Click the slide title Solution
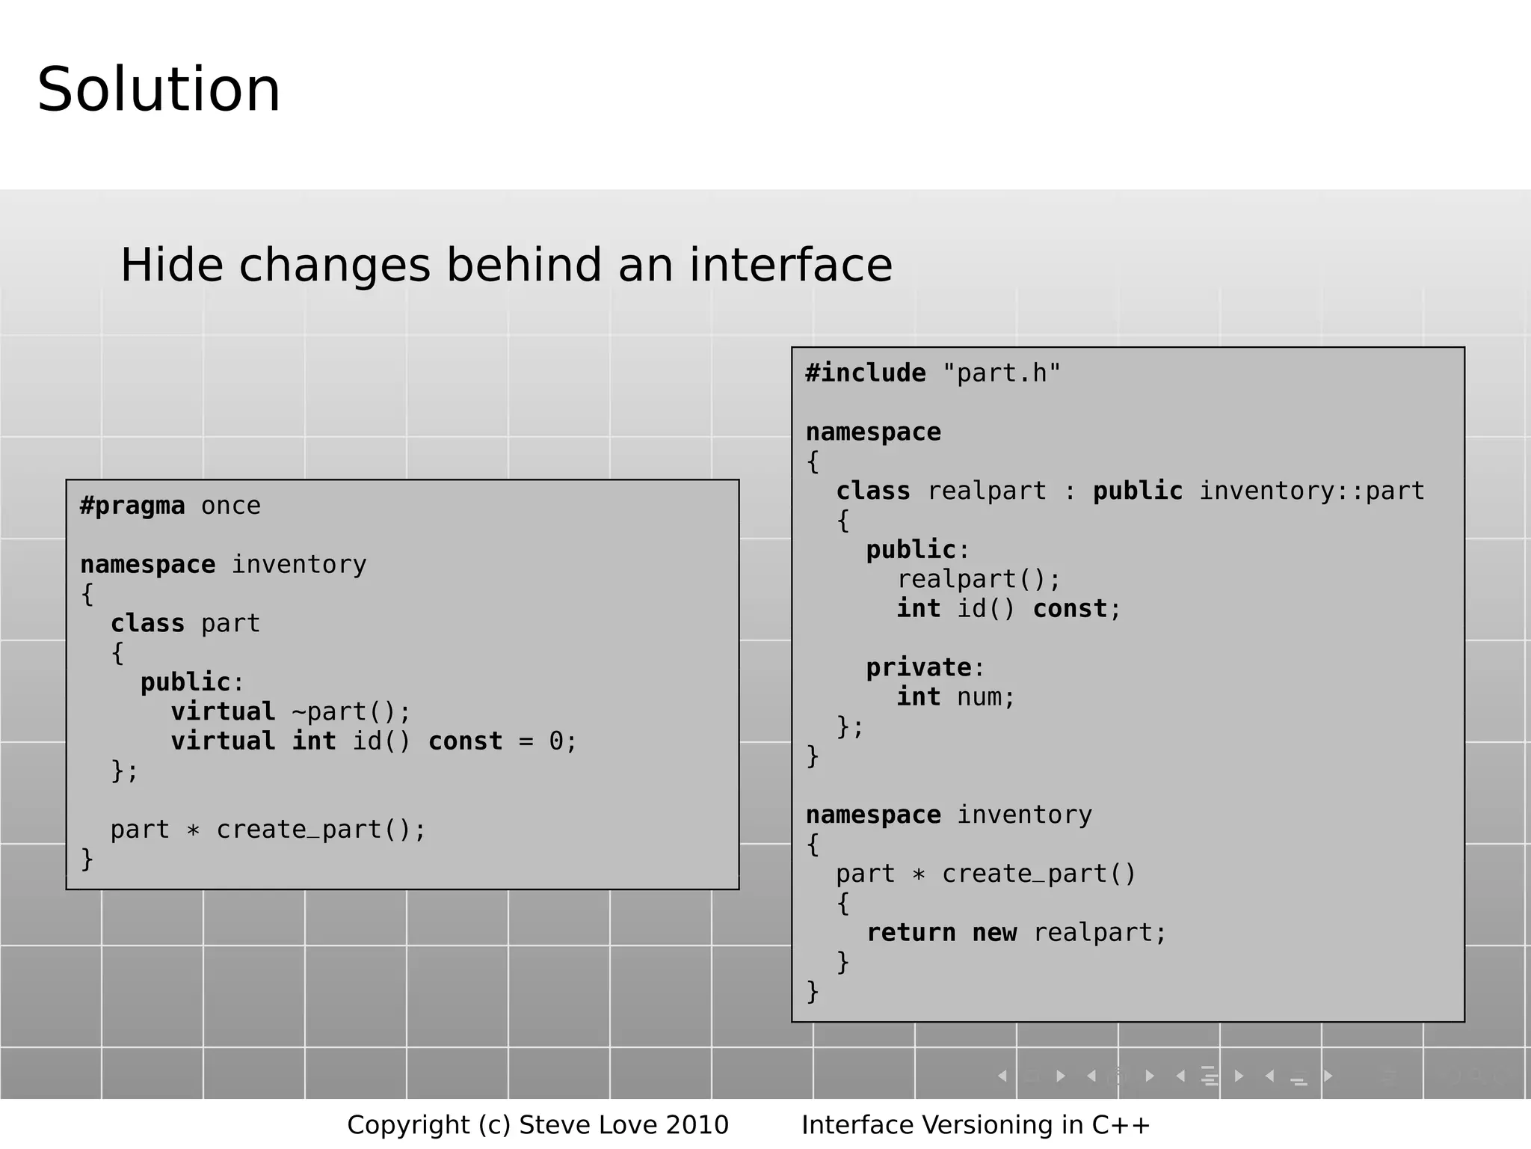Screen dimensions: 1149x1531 point(158,90)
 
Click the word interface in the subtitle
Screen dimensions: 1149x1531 point(790,265)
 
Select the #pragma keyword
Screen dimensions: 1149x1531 point(132,506)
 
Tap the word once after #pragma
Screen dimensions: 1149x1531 point(231,506)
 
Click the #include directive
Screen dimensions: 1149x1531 point(866,373)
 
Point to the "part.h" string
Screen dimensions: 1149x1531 point(1002,373)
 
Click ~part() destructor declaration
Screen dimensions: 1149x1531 point(351,711)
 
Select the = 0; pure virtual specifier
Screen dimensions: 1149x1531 point(548,741)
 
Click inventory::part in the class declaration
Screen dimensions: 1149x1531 point(1312,491)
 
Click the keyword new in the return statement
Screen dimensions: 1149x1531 point(994,933)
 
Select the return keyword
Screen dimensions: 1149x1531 point(911,933)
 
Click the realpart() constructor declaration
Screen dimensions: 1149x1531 point(979,579)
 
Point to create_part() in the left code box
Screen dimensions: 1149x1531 point(321,830)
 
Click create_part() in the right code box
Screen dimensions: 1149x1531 point(1038,874)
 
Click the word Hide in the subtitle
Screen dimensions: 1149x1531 point(171,265)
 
